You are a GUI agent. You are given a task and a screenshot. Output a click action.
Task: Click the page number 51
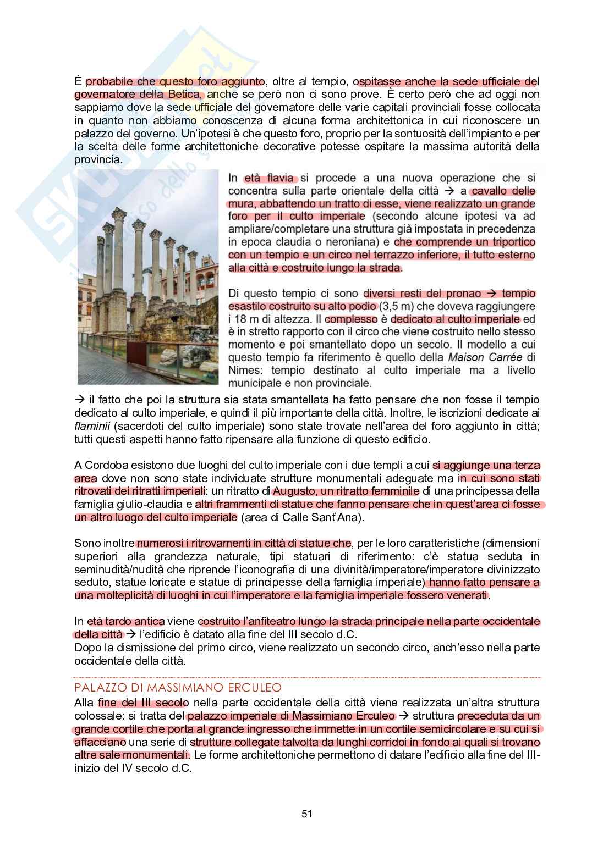(307, 814)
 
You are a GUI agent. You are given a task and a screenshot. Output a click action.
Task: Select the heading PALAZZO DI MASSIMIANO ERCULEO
(178, 688)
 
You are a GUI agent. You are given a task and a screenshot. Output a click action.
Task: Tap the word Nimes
(244, 370)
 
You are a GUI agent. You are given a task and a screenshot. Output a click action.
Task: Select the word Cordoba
(105, 465)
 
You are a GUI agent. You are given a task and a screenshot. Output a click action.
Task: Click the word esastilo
(248, 306)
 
